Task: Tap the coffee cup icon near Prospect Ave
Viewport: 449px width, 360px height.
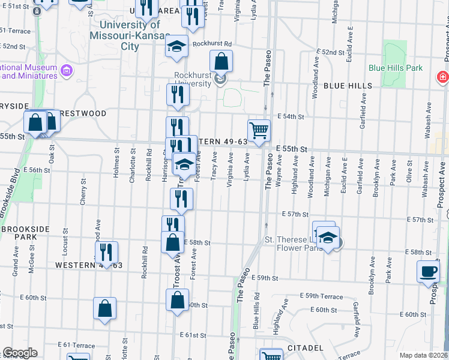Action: [x=428, y=271]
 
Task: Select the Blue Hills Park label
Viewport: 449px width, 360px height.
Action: [x=396, y=68]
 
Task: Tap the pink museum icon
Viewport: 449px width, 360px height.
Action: [x=66, y=71]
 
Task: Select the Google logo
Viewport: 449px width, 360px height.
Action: [x=20, y=353]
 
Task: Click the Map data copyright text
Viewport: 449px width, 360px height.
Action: [x=423, y=355]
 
